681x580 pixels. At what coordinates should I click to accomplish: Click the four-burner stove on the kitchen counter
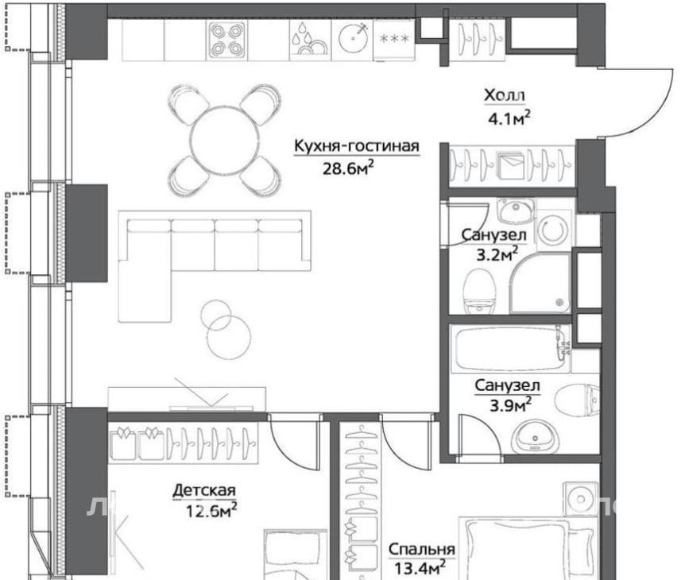click(x=226, y=40)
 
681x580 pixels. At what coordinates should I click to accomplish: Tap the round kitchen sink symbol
click(x=352, y=38)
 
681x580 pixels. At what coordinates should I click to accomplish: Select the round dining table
click(x=225, y=140)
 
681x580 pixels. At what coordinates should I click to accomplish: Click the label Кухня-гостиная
click(x=357, y=146)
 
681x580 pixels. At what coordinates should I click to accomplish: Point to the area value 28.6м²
click(x=348, y=168)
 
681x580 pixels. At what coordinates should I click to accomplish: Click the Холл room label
click(x=505, y=95)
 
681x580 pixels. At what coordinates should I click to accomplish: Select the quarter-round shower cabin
click(x=540, y=283)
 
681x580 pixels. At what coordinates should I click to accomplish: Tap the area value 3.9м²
click(x=510, y=405)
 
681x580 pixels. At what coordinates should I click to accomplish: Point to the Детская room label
click(x=204, y=491)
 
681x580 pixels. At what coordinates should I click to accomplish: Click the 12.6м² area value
click(x=211, y=511)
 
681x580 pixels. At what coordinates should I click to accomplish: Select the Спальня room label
click(x=422, y=550)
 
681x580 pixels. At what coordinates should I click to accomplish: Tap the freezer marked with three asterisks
click(x=394, y=40)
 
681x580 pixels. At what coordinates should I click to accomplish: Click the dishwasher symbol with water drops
click(x=310, y=40)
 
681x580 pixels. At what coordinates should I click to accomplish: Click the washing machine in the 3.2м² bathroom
click(x=553, y=230)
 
